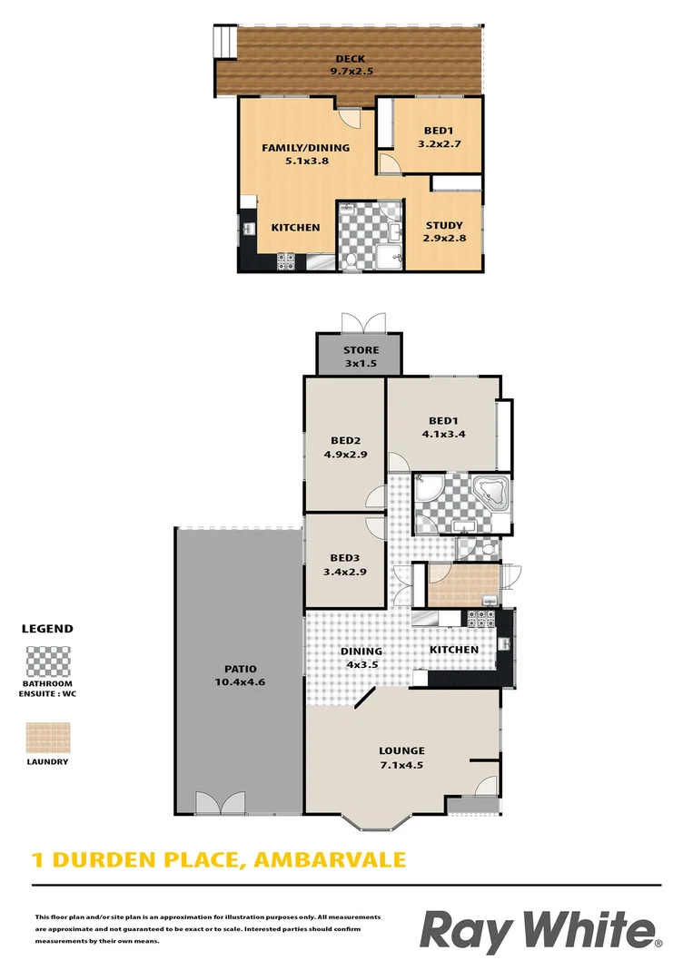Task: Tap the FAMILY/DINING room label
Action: [305, 153]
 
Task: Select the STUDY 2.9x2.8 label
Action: [443, 231]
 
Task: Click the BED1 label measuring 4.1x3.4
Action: [442, 426]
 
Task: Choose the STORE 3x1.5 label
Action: [361, 357]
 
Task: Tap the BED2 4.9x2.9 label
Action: [344, 449]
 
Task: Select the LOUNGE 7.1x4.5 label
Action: [401, 757]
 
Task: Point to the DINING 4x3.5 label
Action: [361, 657]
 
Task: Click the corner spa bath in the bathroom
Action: [494, 493]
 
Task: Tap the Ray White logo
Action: [540, 933]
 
